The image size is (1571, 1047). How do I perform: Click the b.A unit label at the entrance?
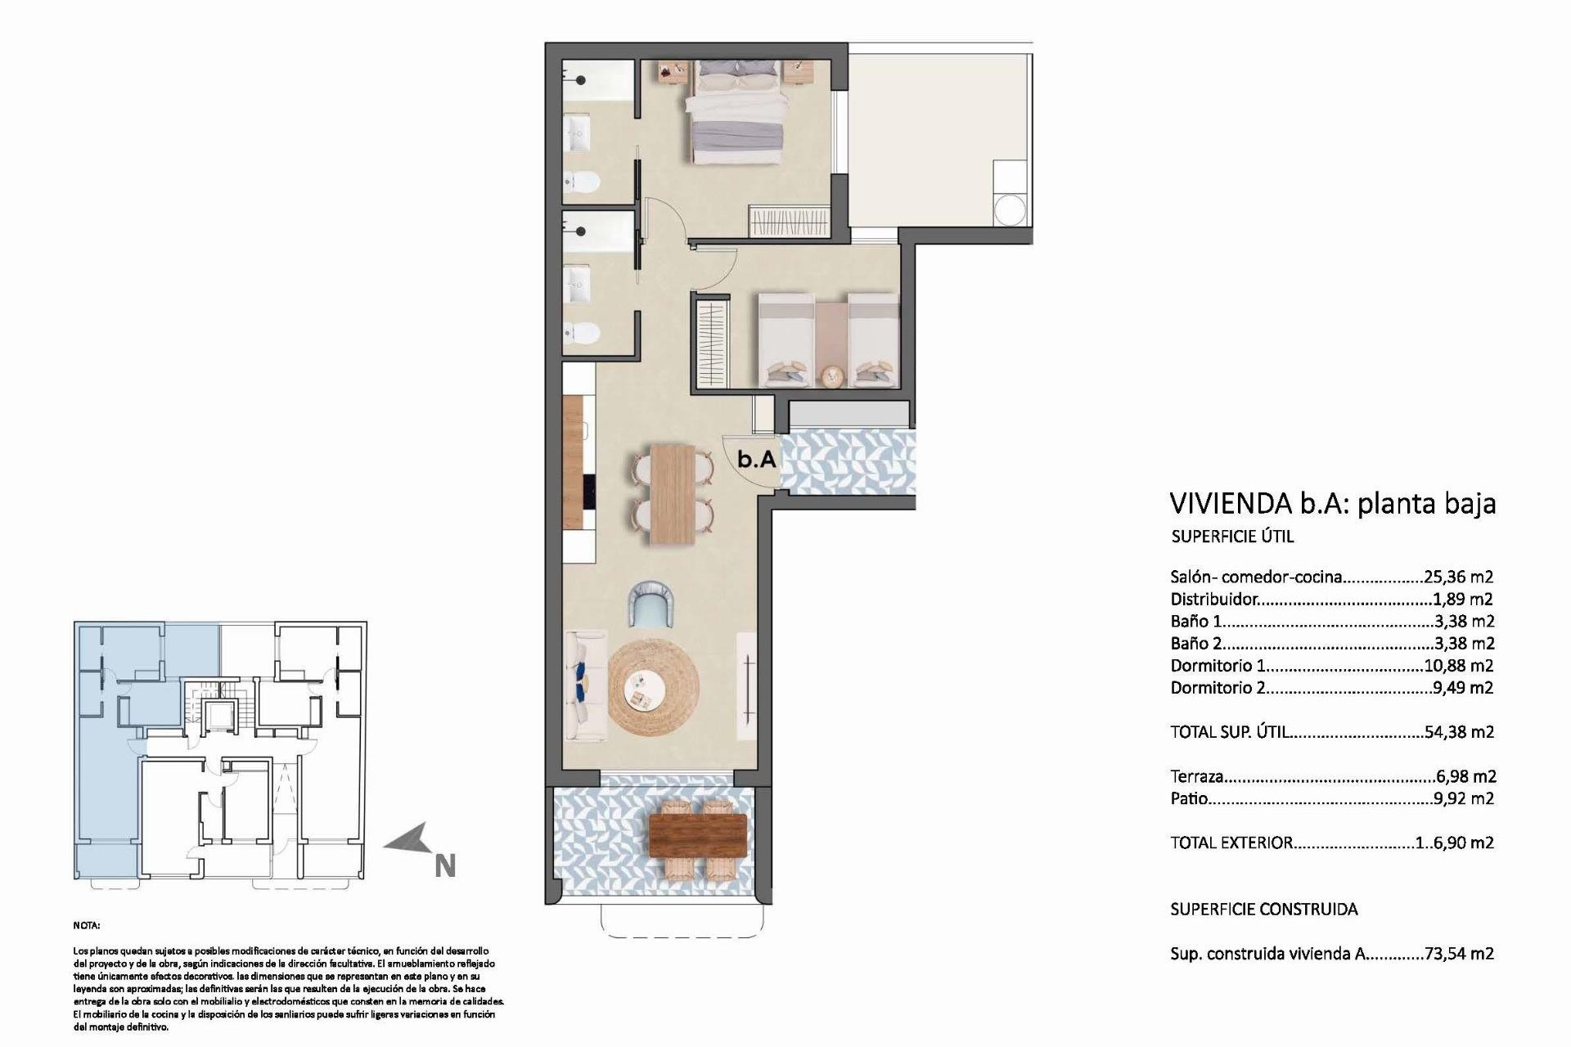coord(756,460)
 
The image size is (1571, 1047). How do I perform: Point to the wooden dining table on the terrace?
coord(698,834)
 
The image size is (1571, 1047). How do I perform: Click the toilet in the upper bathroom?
coord(583,180)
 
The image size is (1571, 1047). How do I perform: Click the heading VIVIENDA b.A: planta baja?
coord(1332,503)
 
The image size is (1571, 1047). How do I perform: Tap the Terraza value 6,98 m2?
coord(1465,776)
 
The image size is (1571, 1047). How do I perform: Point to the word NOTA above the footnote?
coord(86,926)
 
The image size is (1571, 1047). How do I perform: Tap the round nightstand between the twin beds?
coord(831,375)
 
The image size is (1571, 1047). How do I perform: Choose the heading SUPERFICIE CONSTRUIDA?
coord(1263,910)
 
